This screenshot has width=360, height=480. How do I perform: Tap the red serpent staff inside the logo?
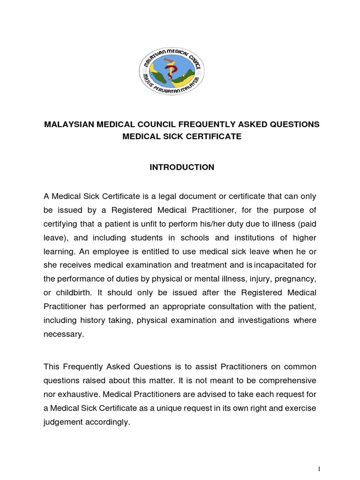172,73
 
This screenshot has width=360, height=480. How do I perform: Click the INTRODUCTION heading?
181,167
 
